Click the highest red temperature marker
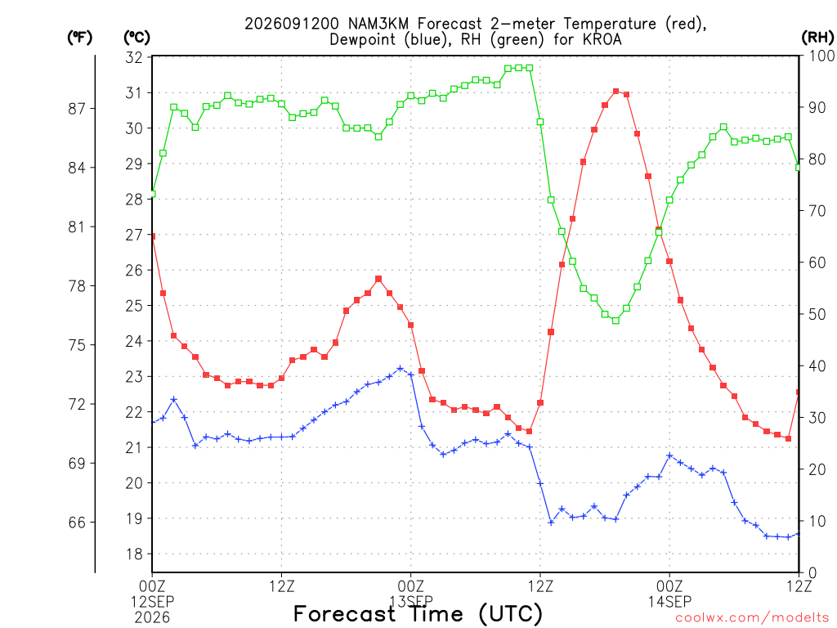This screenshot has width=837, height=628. pyautogui.click(x=615, y=92)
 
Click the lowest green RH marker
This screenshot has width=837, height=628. pyautogui.click(x=615, y=321)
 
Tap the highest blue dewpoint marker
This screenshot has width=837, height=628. pyautogui.click(x=400, y=369)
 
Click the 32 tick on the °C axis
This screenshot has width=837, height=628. pyautogui.click(x=134, y=57)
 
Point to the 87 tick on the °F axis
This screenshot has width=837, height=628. pyautogui.click(x=77, y=109)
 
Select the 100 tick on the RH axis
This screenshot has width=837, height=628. pyautogui.click(x=821, y=56)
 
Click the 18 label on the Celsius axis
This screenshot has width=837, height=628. pyautogui.click(x=134, y=554)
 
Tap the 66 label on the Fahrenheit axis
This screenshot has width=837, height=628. pyautogui.click(x=77, y=523)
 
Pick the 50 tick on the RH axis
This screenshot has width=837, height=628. pyautogui.click(x=817, y=314)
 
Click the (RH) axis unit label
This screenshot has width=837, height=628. pyautogui.click(x=817, y=37)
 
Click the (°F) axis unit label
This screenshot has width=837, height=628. pyautogui.click(x=79, y=38)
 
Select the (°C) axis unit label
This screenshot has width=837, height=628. pyautogui.click(x=137, y=38)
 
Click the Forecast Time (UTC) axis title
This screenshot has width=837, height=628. pyautogui.click(x=418, y=614)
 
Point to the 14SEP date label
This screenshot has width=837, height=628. pyautogui.click(x=669, y=602)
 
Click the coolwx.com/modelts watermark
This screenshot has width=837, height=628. pyautogui.click(x=752, y=618)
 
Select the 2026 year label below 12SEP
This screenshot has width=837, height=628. pyautogui.click(x=152, y=618)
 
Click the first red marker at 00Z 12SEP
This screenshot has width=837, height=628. pyautogui.click(x=153, y=235)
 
